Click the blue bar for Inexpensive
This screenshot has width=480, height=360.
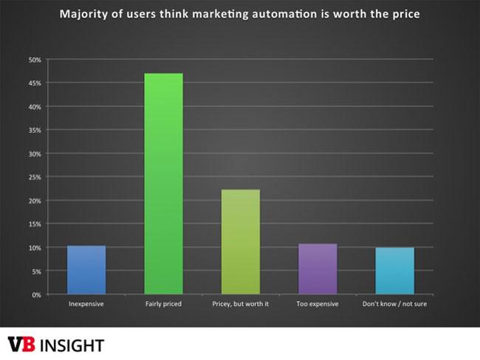coord(86,270)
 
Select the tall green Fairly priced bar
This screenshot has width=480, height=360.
coord(163,184)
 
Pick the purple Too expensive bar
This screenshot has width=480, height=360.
coord(318,269)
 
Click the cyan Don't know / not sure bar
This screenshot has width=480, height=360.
coord(395,271)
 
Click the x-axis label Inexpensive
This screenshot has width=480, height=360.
coord(86,304)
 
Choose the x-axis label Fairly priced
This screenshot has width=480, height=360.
coord(163,304)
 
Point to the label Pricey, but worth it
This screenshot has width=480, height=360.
coord(241,304)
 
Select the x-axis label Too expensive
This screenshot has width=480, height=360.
coord(318,304)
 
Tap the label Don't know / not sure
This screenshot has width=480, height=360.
coord(395,304)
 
